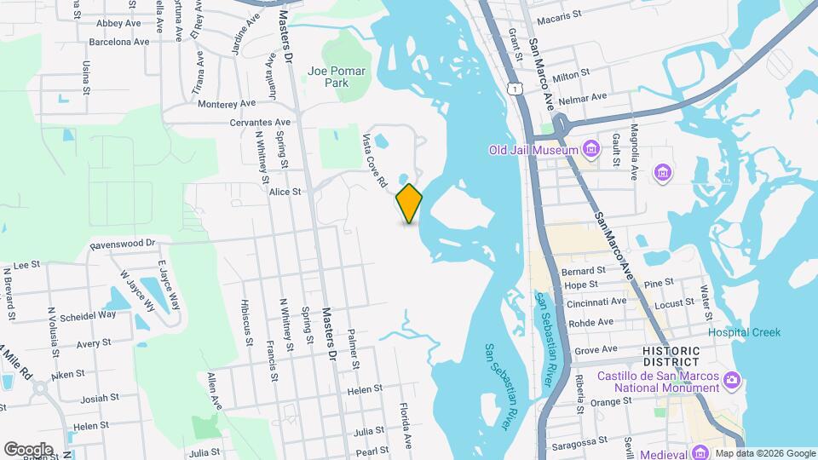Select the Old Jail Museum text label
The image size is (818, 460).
(533, 151)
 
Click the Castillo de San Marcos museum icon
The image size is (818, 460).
(730, 378)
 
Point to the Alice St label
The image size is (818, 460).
(285, 193)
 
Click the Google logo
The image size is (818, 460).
(28, 449)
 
